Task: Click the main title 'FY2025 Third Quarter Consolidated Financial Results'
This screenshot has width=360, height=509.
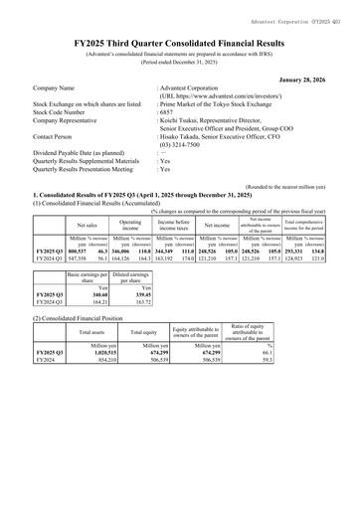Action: click(179, 46)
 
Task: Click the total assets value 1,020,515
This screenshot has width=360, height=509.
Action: click(99, 381)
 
